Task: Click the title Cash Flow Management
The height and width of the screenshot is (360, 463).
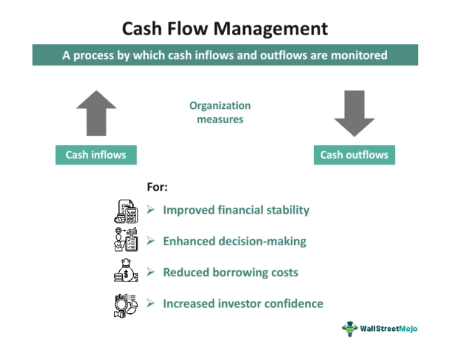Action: pos(224,28)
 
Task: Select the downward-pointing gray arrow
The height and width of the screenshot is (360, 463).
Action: pos(354,113)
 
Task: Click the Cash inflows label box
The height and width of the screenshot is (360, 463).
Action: pos(96,154)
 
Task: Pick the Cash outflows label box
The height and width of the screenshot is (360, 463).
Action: pos(354,154)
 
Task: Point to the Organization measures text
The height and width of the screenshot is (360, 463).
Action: pos(220,112)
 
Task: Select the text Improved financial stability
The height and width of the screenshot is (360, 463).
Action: pos(236,210)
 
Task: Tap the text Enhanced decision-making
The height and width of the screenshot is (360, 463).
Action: pos(234,241)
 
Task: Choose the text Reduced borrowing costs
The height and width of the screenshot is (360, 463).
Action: pos(230,272)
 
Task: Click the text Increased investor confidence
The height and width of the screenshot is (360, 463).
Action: pos(242,303)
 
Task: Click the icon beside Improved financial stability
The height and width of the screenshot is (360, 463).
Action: pos(126,210)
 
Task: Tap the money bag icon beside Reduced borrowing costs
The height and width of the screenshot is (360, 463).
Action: pos(126,271)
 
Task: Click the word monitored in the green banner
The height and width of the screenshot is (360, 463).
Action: pos(358,55)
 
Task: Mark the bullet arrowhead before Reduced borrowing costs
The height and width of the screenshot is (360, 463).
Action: pos(150,272)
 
